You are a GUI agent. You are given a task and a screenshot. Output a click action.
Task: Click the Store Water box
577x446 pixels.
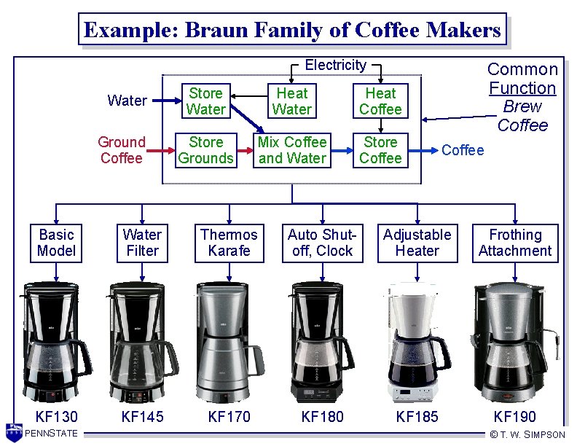[205, 101]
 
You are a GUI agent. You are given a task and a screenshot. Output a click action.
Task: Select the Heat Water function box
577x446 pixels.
[291, 101]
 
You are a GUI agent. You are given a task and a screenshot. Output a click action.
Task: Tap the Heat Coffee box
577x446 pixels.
[380, 101]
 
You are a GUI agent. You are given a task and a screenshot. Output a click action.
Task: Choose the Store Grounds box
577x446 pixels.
[205, 150]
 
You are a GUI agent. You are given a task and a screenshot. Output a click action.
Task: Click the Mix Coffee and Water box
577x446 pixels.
[291, 150]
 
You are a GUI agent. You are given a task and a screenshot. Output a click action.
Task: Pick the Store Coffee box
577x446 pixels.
[380, 150]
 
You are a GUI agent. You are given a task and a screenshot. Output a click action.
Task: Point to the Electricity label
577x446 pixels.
[335, 65]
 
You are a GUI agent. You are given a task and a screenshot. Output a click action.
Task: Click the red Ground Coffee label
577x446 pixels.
[122, 150]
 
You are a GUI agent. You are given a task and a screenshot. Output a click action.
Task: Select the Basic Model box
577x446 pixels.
[56, 243]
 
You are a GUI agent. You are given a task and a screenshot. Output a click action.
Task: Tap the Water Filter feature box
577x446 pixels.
[142, 243]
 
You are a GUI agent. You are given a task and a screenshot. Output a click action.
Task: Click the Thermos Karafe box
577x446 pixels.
[229, 243]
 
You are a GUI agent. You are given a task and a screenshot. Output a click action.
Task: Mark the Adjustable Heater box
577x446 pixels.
[417, 243]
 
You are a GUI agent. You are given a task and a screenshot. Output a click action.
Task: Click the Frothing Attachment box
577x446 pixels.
[515, 243]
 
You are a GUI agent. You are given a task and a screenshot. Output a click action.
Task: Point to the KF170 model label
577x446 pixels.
[229, 417]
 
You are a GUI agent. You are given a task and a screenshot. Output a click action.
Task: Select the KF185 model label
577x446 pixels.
[417, 417]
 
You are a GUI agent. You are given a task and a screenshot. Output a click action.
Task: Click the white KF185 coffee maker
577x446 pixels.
[415, 343]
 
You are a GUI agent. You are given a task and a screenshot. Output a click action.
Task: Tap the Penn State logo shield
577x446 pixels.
[13, 431]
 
